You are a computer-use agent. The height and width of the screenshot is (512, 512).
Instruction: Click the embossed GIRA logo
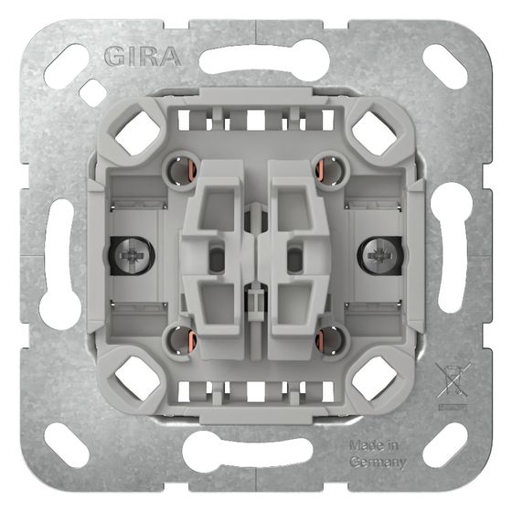pyautogui.click(x=143, y=57)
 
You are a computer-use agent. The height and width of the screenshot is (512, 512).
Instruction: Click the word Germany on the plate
pyautogui.click(x=378, y=462)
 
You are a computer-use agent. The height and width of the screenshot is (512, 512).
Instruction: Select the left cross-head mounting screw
pyautogui.click(x=133, y=255)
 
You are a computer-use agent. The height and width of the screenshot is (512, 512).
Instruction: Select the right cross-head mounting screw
pyautogui.click(x=379, y=255)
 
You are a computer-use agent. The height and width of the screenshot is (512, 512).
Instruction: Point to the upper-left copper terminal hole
pyautogui.click(x=182, y=170)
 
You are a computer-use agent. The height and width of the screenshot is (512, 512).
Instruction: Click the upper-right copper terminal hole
pyautogui.click(x=330, y=170)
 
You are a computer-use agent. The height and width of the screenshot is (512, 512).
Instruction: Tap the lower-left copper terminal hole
pyautogui.click(x=182, y=340)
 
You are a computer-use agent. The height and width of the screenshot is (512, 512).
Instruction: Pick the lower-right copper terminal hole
pyautogui.click(x=330, y=340)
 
